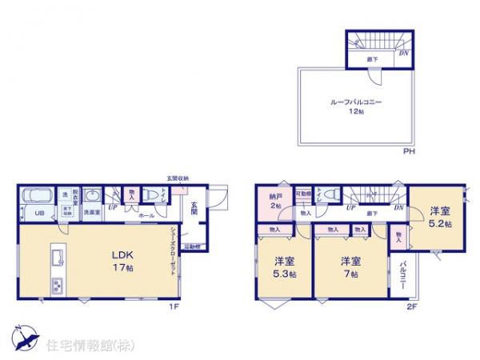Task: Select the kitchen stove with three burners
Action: (x=58, y=285)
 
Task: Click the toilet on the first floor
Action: (x=151, y=195)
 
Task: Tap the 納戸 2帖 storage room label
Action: (x=274, y=200)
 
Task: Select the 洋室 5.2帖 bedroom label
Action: (x=438, y=217)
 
